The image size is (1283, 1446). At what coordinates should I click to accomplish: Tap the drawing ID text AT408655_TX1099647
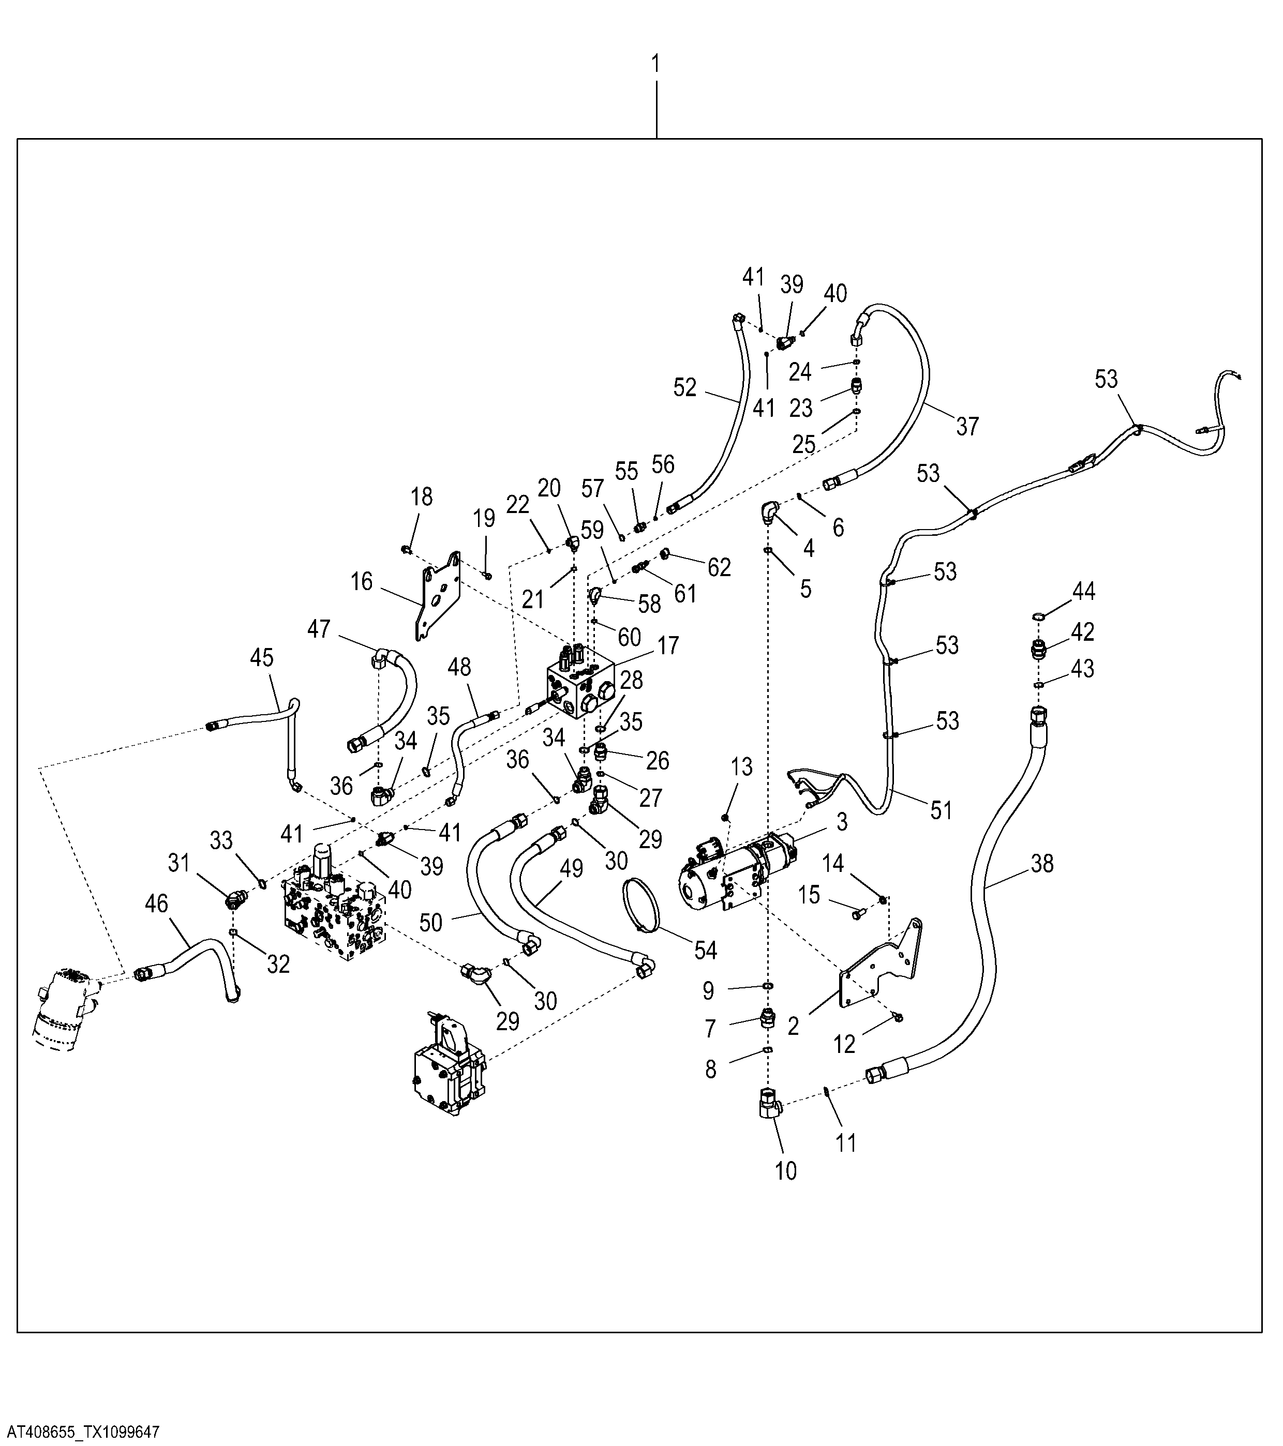point(81,1433)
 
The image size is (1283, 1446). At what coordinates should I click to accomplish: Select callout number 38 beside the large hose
point(1042,863)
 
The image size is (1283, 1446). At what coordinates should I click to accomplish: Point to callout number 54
point(706,951)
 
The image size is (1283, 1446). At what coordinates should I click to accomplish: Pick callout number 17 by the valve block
point(667,645)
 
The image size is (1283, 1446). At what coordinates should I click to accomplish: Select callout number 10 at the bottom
point(785,1171)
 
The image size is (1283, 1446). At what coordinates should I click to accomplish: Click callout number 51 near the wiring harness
point(941,811)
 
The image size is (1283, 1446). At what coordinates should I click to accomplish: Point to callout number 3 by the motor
point(841,822)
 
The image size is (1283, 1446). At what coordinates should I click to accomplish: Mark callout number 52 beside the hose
point(685,388)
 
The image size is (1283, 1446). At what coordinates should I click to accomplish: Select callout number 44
point(1083,592)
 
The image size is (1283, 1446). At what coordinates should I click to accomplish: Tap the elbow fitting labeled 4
point(770,511)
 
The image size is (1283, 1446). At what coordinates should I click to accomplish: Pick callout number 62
point(719,567)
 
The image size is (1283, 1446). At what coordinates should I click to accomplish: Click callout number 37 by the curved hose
point(967,427)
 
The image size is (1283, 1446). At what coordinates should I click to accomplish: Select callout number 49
point(571,869)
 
